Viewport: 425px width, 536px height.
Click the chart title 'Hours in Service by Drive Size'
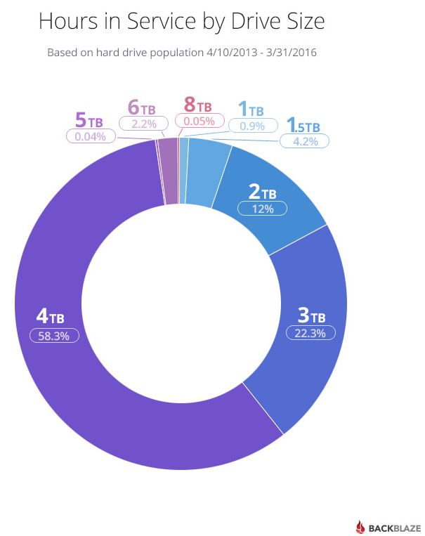coord(181,22)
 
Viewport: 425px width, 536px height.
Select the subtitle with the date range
coord(181,53)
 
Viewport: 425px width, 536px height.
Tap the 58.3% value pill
coord(54,336)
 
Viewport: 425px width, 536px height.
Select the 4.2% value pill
coord(304,141)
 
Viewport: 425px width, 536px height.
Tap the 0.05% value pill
coord(200,121)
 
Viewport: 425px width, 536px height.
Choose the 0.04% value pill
coord(91,136)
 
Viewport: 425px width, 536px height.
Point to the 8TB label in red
coord(197,107)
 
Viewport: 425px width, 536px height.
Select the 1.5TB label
coord(303,126)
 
